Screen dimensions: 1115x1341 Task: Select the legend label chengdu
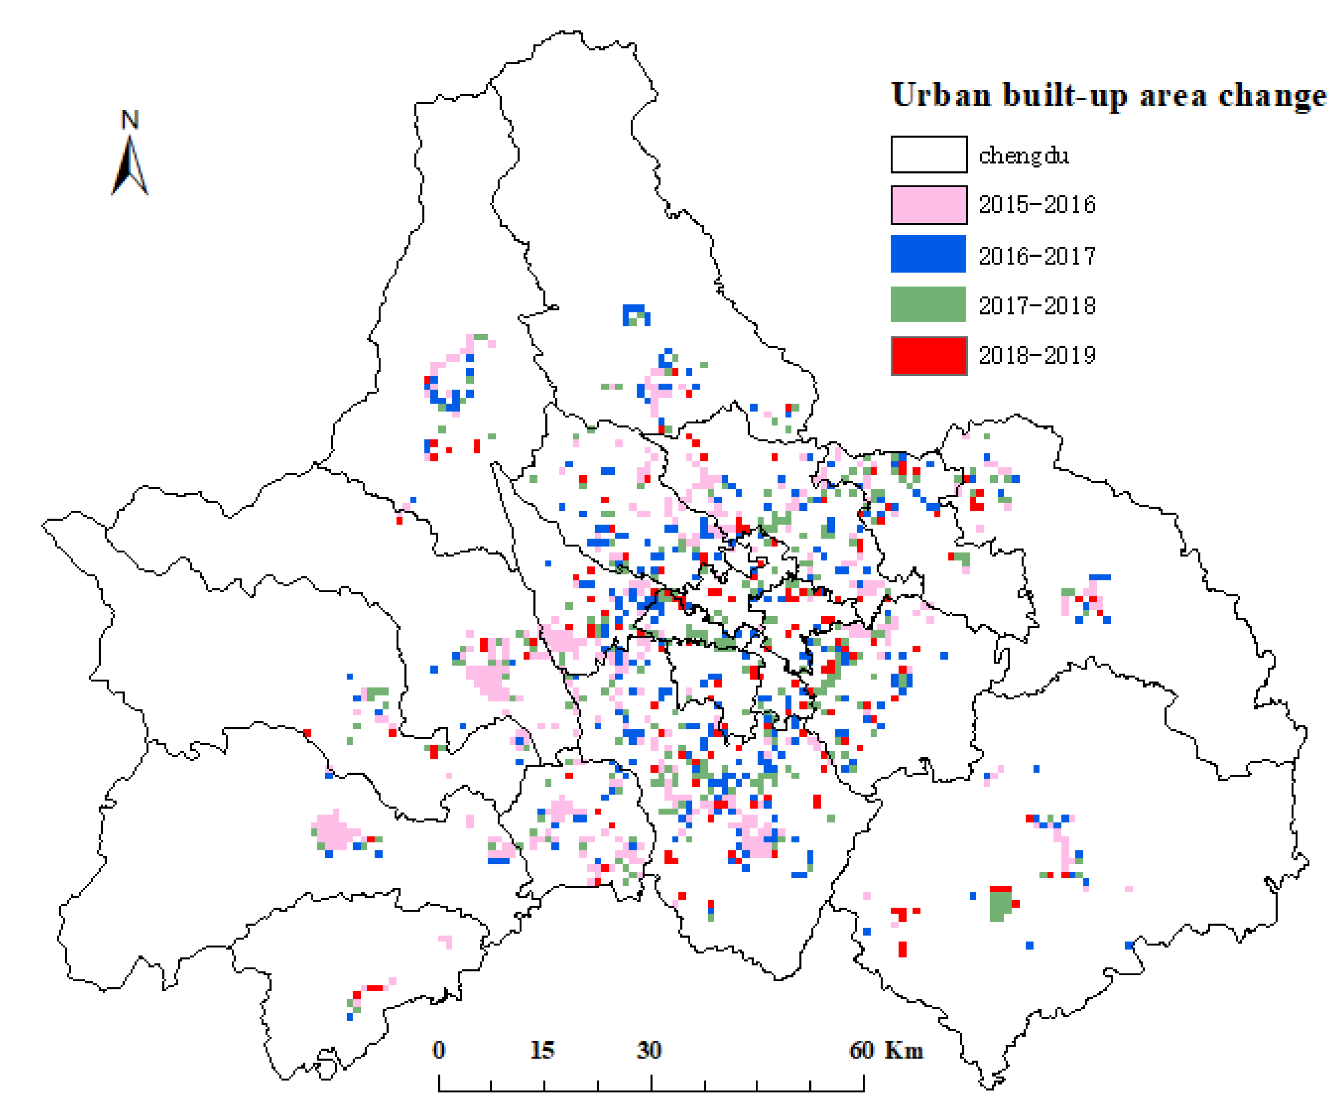[x=1024, y=155]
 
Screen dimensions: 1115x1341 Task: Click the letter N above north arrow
[x=130, y=120]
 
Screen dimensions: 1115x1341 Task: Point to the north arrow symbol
[x=130, y=167]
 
